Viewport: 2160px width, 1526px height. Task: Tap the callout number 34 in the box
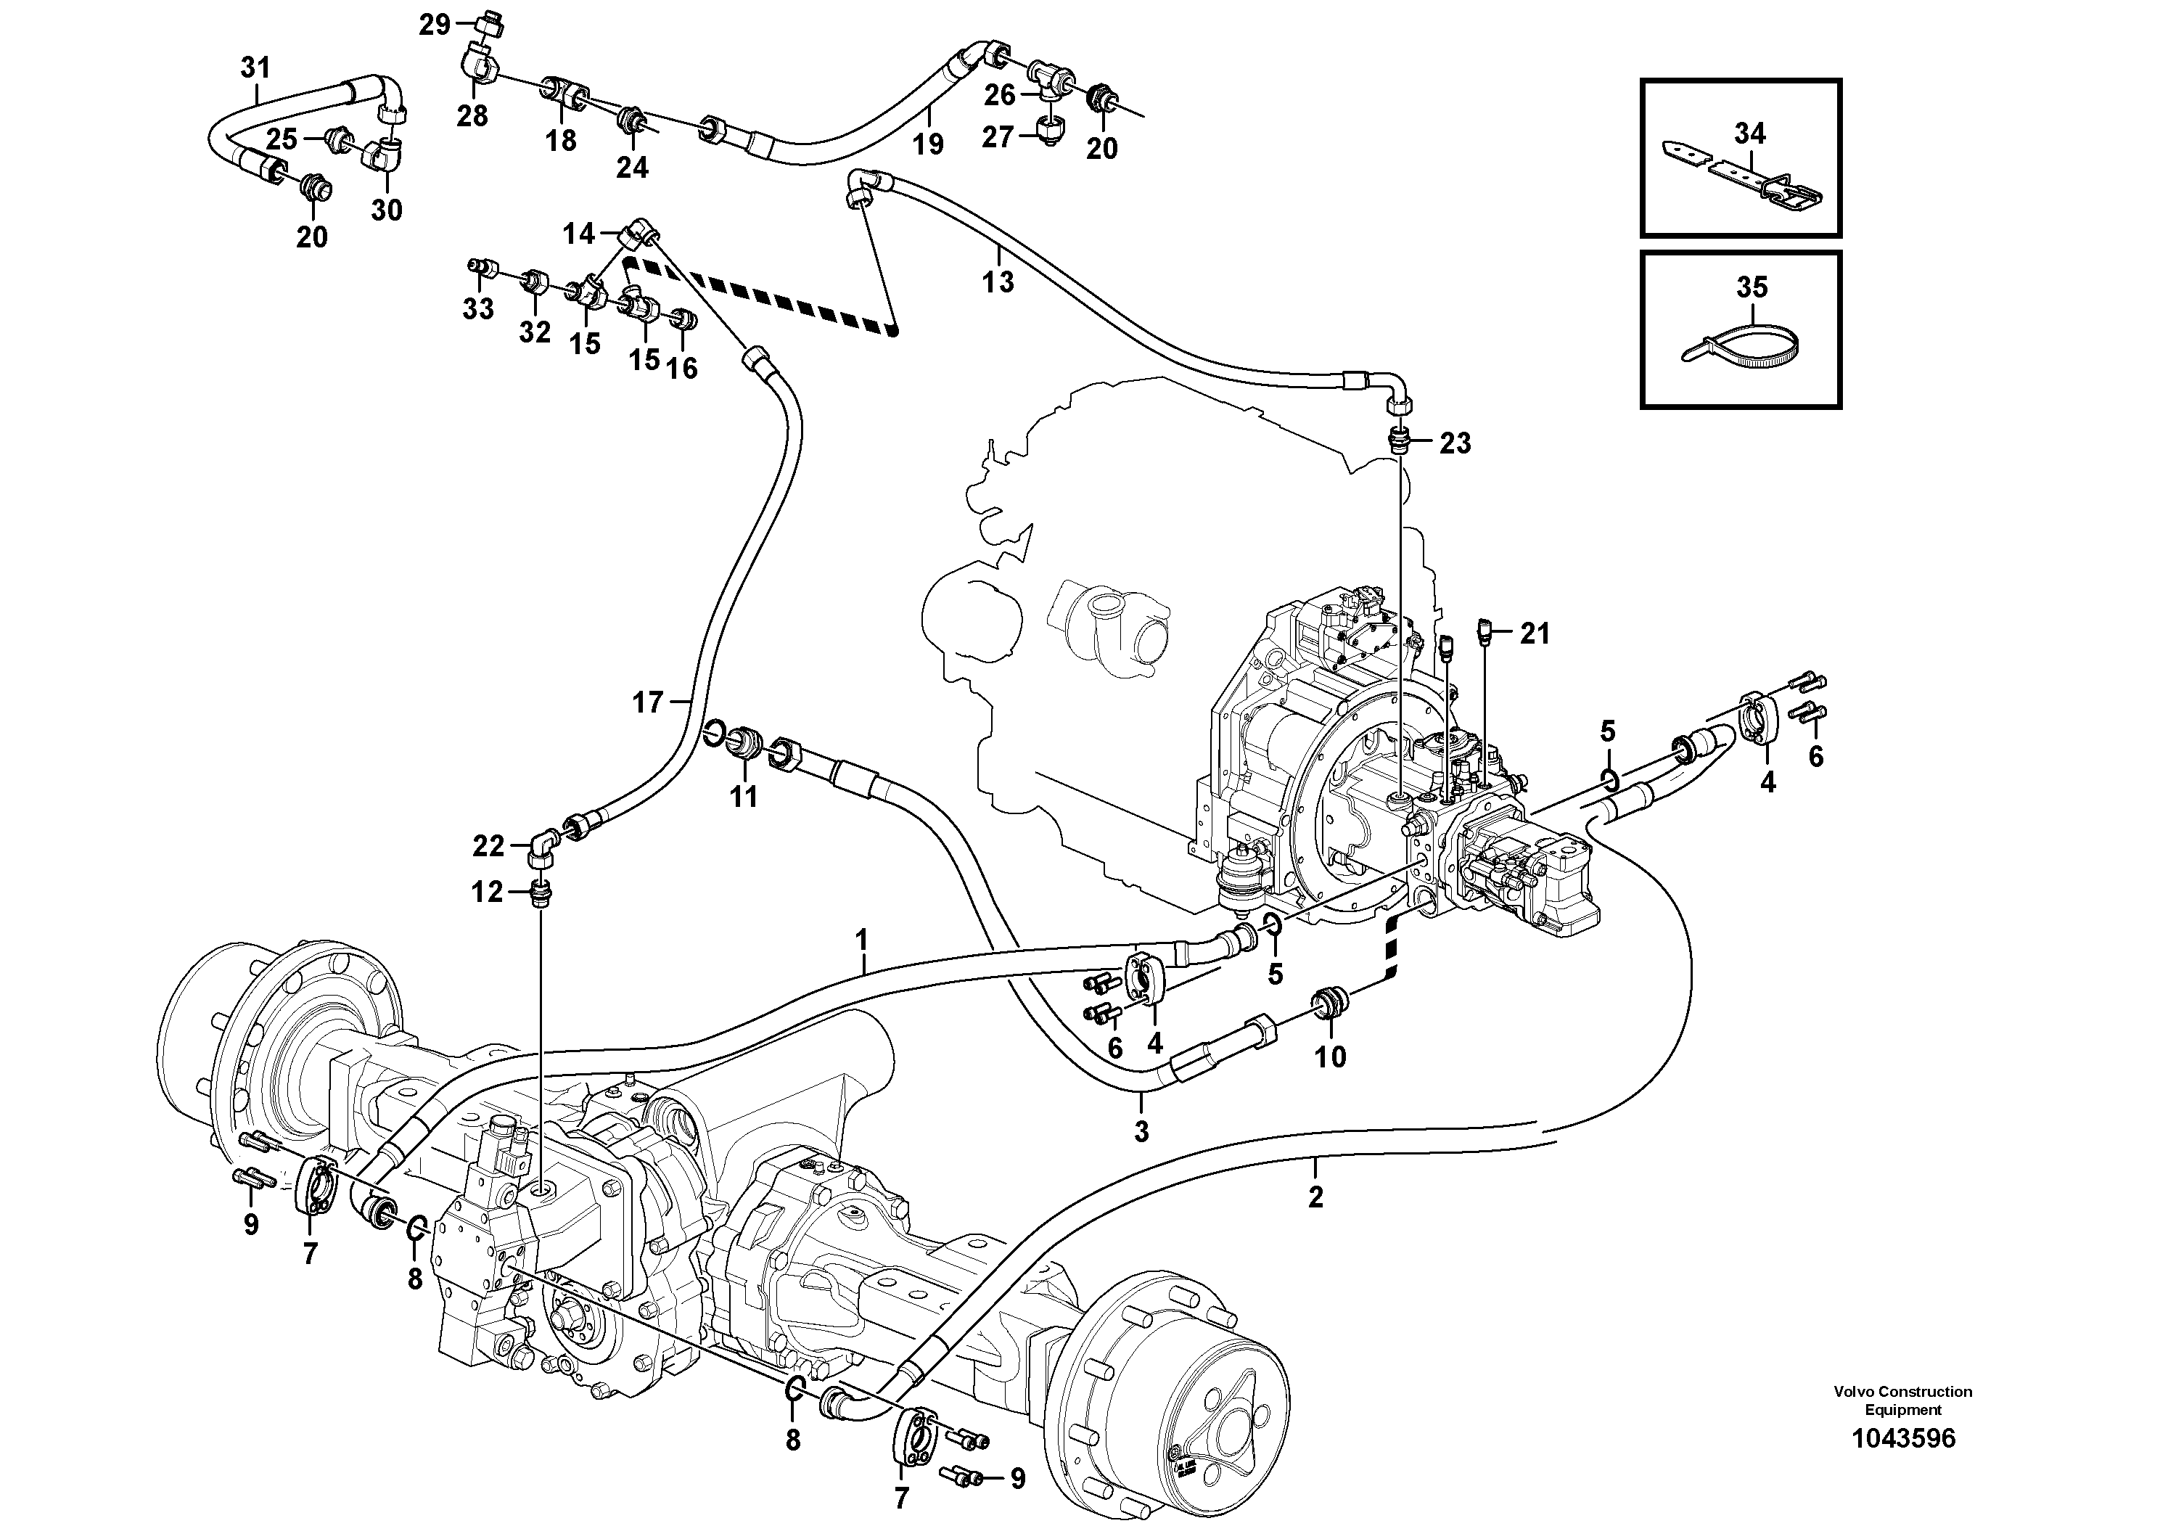1750,134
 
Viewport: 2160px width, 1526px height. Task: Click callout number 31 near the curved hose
255,67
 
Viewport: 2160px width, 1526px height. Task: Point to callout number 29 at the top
435,25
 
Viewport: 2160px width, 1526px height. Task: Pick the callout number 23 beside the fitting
1455,443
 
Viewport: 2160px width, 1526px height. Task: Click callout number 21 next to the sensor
1535,634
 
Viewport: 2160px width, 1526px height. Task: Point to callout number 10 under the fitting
1330,1057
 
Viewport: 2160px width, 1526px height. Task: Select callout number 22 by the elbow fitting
488,847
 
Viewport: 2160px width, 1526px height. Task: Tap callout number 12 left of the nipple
488,892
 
